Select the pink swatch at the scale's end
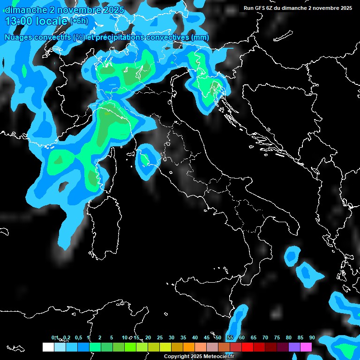pyautogui.click(x=306, y=347)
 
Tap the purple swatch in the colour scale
pyautogui.click(x=294, y=347)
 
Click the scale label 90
pyautogui.click(x=312, y=337)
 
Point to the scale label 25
pyautogui.click(x=160, y=337)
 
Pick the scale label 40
pyautogui.click(x=195, y=337)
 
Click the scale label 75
pyautogui.click(x=277, y=337)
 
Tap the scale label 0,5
pyautogui.click(x=78, y=337)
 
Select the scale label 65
pyautogui.click(x=254, y=337)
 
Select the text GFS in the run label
pyautogui.click(x=260, y=8)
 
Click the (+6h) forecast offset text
pyautogui.click(x=79, y=21)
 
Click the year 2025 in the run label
pyautogui.click(x=345, y=8)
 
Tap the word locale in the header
pyautogui.click(x=52, y=21)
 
